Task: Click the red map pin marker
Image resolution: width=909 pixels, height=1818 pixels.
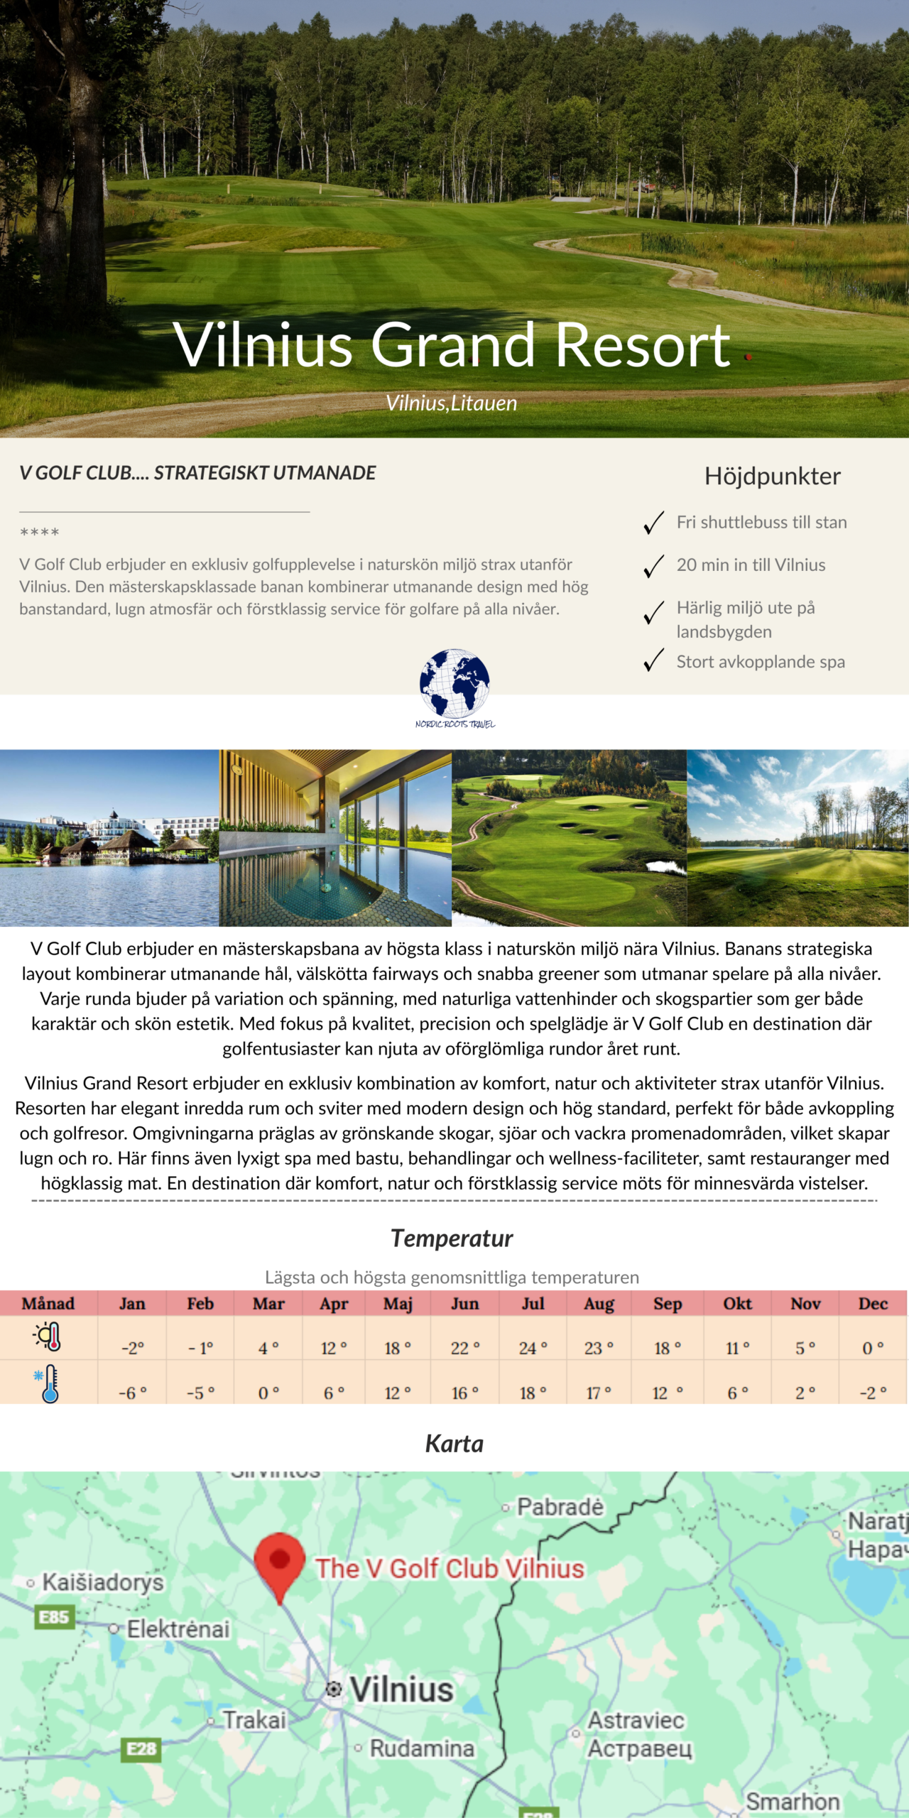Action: click(280, 1562)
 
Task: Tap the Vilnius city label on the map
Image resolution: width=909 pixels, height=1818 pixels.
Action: click(401, 1689)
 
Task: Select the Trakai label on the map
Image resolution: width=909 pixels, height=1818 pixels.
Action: click(254, 1720)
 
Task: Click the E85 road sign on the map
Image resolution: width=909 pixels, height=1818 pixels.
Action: click(54, 1618)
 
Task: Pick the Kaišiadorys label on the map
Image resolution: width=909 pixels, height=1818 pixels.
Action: click(103, 1582)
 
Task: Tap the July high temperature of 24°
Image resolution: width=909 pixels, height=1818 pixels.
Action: click(533, 1348)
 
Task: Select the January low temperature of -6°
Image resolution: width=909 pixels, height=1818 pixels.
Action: click(132, 1393)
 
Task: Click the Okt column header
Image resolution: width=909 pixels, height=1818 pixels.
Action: click(737, 1304)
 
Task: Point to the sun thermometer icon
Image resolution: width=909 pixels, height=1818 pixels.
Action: click(48, 1337)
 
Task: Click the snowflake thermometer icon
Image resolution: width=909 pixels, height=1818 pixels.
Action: click(47, 1383)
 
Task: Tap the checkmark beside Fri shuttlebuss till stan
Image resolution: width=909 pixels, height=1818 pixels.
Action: click(653, 523)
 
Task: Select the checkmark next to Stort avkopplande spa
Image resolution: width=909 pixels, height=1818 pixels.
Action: click(653, 660)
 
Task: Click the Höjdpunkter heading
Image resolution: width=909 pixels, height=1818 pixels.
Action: click(772, 476)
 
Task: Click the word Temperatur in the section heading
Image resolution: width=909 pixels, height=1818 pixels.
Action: click(452, 1239)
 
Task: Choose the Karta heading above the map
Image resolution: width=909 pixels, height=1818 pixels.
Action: click(454, 1444)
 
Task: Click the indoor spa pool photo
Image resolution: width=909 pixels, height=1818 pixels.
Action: click(335, 838)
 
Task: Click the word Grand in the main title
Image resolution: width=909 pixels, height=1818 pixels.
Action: click(452, 345)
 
